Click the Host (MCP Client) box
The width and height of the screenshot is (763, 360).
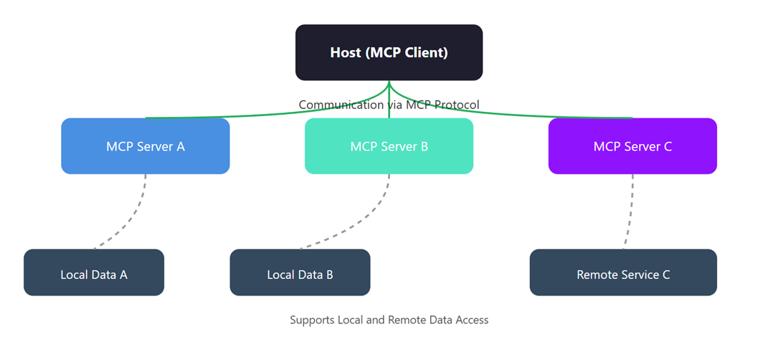coord(389,52)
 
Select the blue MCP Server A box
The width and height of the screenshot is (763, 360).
coord(146,146)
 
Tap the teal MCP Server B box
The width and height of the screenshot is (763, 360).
coord(389,146)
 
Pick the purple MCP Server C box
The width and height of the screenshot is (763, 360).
coord(632,146)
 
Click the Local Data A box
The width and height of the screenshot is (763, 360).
coord(94,273)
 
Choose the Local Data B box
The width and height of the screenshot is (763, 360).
coord(300,273)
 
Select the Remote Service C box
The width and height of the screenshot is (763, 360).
coord(623,273)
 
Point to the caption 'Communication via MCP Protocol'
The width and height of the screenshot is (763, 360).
coord(389,105)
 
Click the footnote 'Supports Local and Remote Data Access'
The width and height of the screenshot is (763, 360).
coord(389,320)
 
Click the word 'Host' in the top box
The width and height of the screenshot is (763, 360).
coord(346,52)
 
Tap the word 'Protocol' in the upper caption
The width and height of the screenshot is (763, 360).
coord(455,105)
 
